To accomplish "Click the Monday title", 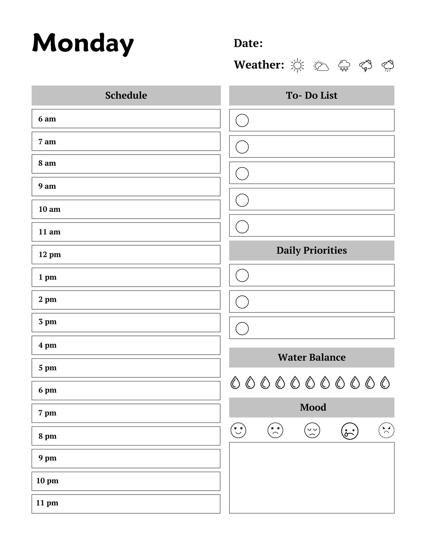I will click(83, 43).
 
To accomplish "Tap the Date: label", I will click(248, 43).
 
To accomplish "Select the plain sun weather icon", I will click(297, 66).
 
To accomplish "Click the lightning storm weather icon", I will click(366, 66).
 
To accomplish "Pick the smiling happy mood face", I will click(238, 430).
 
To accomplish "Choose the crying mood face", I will click(349, 431).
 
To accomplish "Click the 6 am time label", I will click(47, 119).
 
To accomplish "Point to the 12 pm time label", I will click(50, 255).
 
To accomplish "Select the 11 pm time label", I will click(47, 503).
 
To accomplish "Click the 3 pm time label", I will click(47, 322).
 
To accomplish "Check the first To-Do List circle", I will click(242, 120).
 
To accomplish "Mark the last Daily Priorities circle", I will click(242, 328).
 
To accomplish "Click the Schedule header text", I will click(126, 95).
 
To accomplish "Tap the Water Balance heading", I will click(312, 357).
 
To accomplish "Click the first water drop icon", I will click(235, 382).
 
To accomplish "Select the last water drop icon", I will click(385, 382).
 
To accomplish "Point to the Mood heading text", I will click(313, 407).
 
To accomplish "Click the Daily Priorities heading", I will click(312, 250).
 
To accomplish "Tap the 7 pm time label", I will click(47, 413).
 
